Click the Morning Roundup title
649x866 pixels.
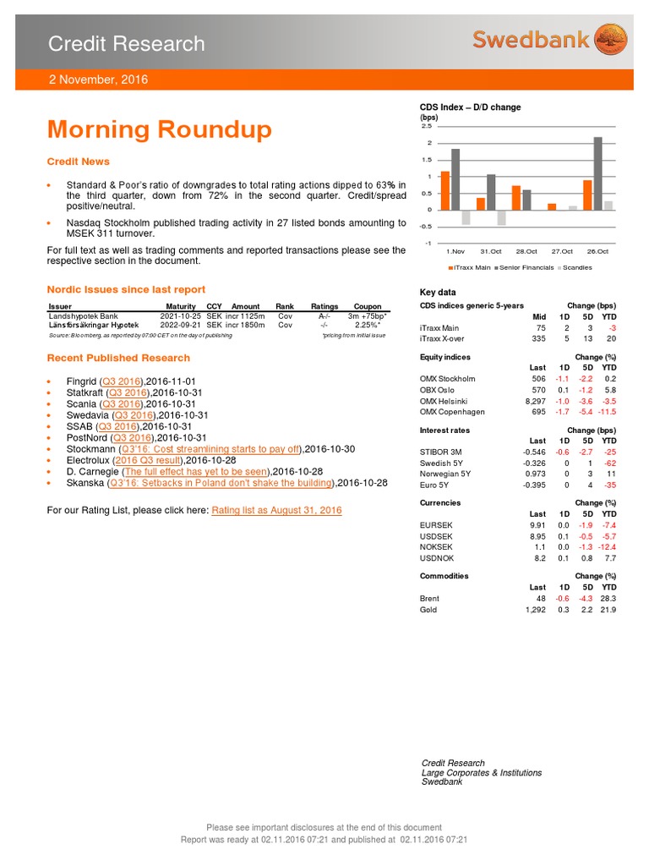pos(160,130)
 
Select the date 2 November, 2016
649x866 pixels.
pos(97,79)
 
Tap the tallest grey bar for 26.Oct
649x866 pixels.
pos(597,173)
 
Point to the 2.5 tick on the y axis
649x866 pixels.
pos(427,126)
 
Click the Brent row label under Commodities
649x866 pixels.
pos(429,597)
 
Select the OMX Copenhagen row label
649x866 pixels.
pos(452,412)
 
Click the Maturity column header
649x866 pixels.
pos(181,305)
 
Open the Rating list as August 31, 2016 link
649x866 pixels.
pos(276,511)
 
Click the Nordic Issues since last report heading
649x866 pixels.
pos(126,289)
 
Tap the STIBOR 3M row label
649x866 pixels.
pos(441,452)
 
